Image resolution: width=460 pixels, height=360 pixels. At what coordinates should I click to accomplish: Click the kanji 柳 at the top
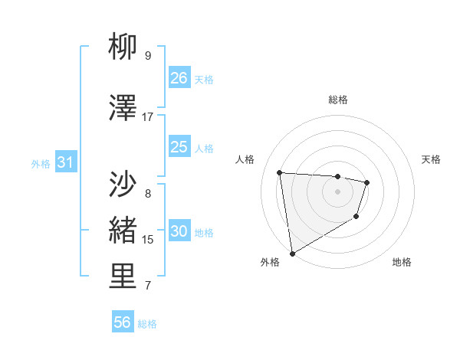click(x=123, y=50)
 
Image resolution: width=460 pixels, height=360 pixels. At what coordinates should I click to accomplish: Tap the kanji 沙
click(x=123, y=184)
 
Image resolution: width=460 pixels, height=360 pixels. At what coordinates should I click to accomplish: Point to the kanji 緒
click(x=123, y=230)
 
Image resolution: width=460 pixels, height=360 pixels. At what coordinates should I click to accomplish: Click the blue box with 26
click(x=179, y=77)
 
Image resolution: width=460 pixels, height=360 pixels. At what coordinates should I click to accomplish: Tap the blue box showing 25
click(x=179, y=147)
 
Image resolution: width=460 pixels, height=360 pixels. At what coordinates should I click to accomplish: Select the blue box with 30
click(x=179, y=232)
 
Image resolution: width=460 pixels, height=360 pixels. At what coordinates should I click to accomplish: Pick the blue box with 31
click(x=65, y=162)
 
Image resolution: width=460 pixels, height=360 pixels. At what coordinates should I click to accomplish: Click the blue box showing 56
click(x=123, y=322)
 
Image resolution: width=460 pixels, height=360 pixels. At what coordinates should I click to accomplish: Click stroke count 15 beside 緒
click(x=148, y=240)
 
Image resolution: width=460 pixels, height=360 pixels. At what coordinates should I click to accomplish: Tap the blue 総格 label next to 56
click(x=147, y=324)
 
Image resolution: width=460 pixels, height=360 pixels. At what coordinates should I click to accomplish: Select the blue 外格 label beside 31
click(x=40, y=163)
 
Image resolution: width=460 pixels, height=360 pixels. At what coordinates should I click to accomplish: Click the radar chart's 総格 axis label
click(x=337, y=100)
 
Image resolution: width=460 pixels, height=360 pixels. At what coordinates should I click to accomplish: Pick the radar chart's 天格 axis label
click(x=432, y=159)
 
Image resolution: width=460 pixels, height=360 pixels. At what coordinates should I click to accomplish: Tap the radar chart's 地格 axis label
click(x=402, y=262)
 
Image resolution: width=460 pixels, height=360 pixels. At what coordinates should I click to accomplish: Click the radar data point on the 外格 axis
click(x=292, y=253)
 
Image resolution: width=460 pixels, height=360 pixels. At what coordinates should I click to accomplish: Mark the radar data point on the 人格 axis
click(x=280, y=172)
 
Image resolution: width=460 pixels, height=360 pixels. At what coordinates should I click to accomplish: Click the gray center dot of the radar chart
click(x=337, y=191)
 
